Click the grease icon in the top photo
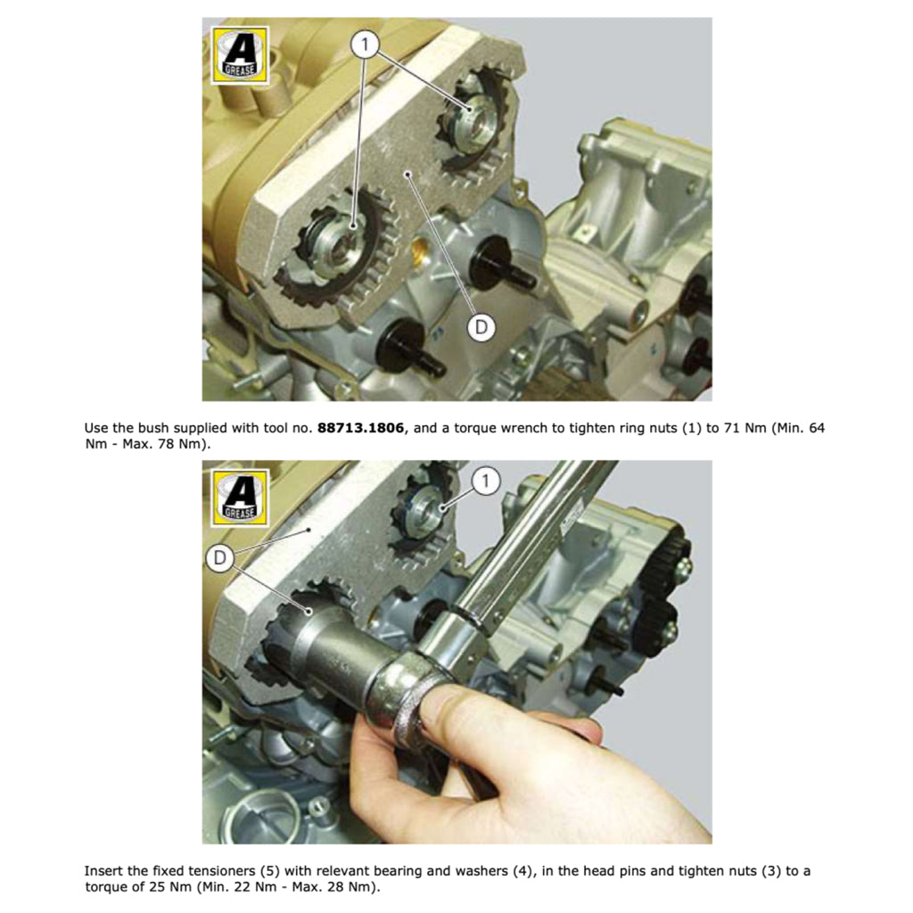coord(240,54)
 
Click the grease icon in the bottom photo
coord(240,498)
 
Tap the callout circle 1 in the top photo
coord(365,44)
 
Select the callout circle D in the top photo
coord(481,327)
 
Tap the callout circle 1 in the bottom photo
coord(485,481)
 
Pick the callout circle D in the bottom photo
coord(219,558)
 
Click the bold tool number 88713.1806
coord(360,428)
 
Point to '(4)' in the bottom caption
coord(522,871)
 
